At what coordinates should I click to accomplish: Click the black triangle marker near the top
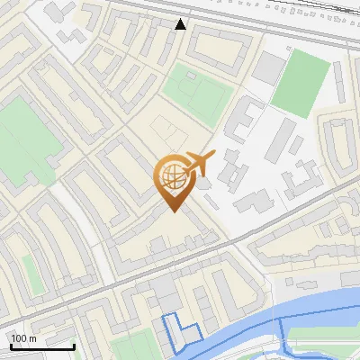click(x=181, y=24)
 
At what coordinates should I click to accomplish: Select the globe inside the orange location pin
click(x=173, y=177)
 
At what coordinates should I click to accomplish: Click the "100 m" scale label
click(x=24, y=337)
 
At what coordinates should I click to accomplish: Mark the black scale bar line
click(x=42, y=346)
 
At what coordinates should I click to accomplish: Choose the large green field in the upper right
click(x=301, y=81)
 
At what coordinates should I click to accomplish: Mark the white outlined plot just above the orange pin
click(x=165, y=130)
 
